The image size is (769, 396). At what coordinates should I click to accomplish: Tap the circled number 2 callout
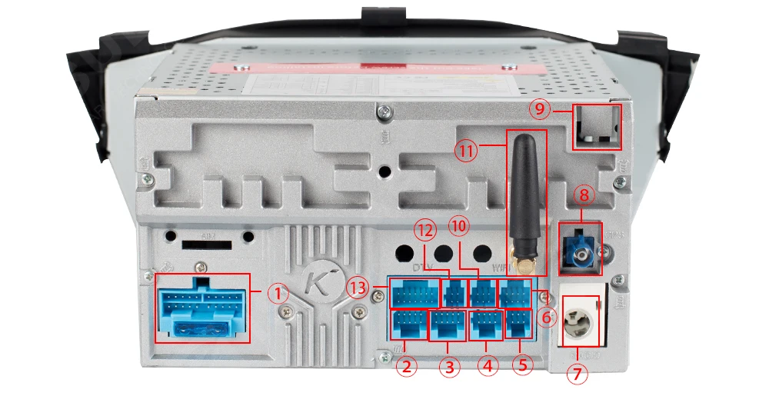pyautogui.click(x=408, y=367)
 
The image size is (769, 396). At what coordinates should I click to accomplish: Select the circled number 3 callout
pyautogui.click(x=450, y=367)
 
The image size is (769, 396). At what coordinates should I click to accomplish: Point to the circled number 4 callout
pyautogui.click(x=486, y=367)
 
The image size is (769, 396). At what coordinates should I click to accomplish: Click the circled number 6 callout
pyautogui.click(x=546, y=315)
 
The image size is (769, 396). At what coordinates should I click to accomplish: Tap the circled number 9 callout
pyautogui.click(x=541, y=109)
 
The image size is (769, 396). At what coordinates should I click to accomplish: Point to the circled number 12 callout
pyautogui.click(x=426, y=229)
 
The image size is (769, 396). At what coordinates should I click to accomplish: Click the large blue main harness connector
pyautogui.click(x=203, y=308)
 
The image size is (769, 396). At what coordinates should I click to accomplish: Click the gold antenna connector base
pyautogui.click(x=524, y=266)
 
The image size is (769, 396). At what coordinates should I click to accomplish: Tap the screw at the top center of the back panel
pyautogui.click(x=381, y=115)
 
